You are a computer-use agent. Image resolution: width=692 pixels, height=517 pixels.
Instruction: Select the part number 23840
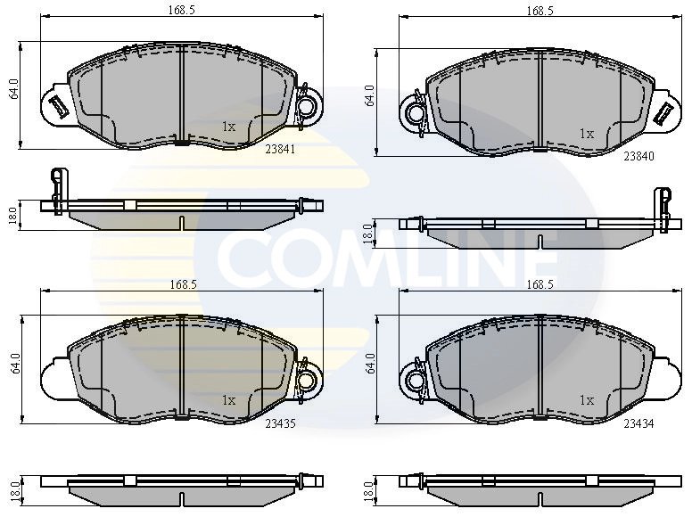point(638,156)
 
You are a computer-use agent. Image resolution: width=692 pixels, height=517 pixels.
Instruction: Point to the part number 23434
point(638,425)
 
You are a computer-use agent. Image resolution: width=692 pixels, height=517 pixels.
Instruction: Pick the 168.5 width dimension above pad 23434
point(540,284)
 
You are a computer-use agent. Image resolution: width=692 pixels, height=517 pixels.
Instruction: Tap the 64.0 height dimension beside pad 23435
point(12,365)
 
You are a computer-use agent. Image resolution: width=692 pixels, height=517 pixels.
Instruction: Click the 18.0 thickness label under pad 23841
point(12,216)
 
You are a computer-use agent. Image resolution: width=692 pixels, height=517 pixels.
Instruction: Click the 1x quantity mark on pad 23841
point(228,127)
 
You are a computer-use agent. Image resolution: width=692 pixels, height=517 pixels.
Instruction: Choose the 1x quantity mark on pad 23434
point(586,401)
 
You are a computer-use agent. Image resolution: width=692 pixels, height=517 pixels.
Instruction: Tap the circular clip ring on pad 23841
point(306,107)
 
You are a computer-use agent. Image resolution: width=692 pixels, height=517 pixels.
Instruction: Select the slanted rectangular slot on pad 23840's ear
point(663,113)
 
